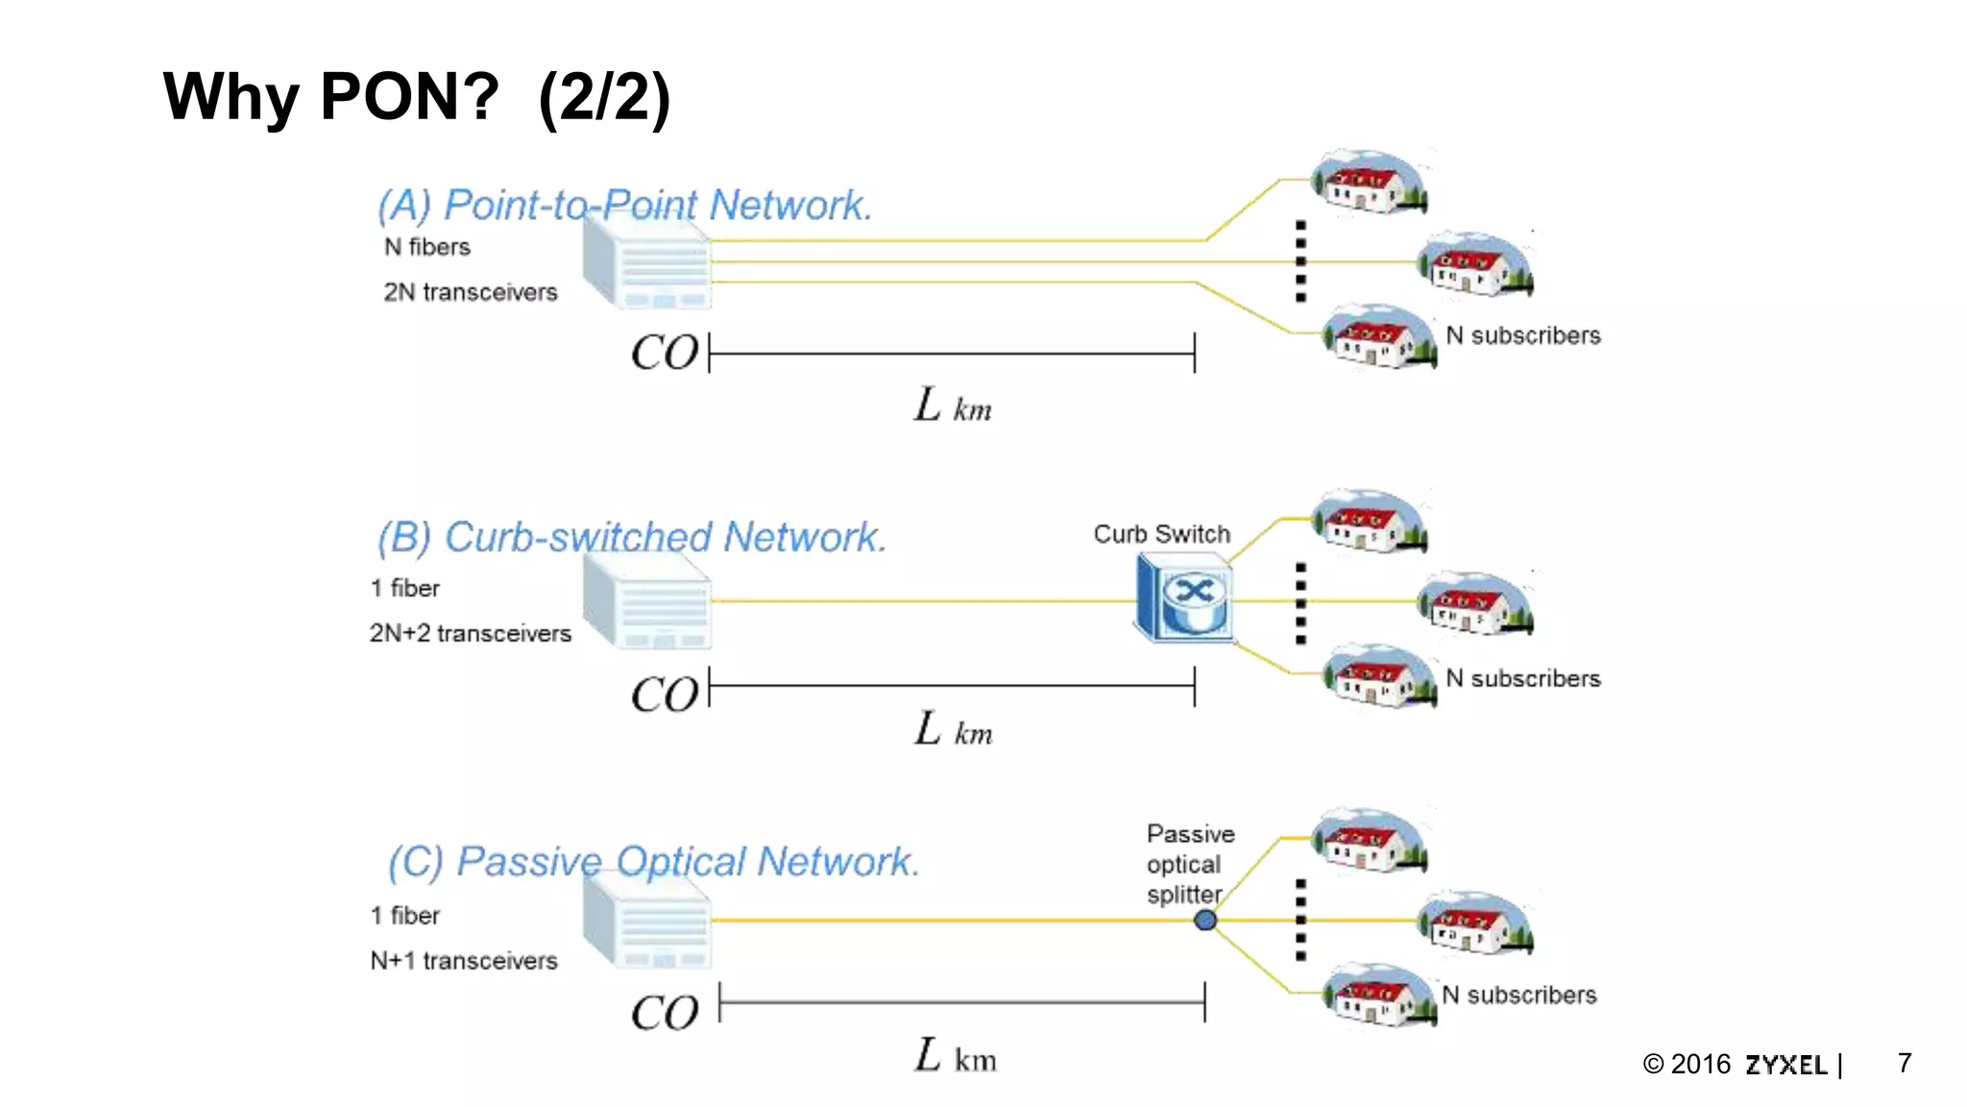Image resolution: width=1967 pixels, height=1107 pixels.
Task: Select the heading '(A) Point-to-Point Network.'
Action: point(624,205)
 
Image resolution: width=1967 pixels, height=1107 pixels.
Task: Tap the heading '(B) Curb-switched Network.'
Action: point(631,537)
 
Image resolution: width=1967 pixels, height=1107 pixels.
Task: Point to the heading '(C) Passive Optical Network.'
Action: point(653,861)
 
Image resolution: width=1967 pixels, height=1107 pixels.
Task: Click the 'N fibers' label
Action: point(427,247)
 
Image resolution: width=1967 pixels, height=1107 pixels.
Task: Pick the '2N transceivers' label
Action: point(471,292)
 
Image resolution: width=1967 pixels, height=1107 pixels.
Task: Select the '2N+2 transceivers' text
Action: point(471,633)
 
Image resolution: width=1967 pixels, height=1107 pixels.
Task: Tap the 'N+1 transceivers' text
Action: point(464,961)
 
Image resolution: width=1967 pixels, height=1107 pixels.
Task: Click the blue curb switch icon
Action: point(1183,598)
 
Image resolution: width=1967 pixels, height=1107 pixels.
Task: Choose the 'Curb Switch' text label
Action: point(1161,534)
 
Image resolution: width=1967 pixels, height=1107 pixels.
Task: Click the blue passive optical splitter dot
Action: point(1205,921)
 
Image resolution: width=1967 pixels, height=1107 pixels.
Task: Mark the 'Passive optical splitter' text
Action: point(1189,864)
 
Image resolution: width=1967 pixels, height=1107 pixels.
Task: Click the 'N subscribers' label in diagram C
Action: point(1519,996)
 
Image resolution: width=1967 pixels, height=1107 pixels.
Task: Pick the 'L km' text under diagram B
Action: point(953,730)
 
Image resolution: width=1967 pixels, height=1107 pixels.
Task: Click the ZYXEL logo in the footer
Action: point(1785,1065)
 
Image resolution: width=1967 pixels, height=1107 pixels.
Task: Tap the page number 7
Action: point(1905,1063)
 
